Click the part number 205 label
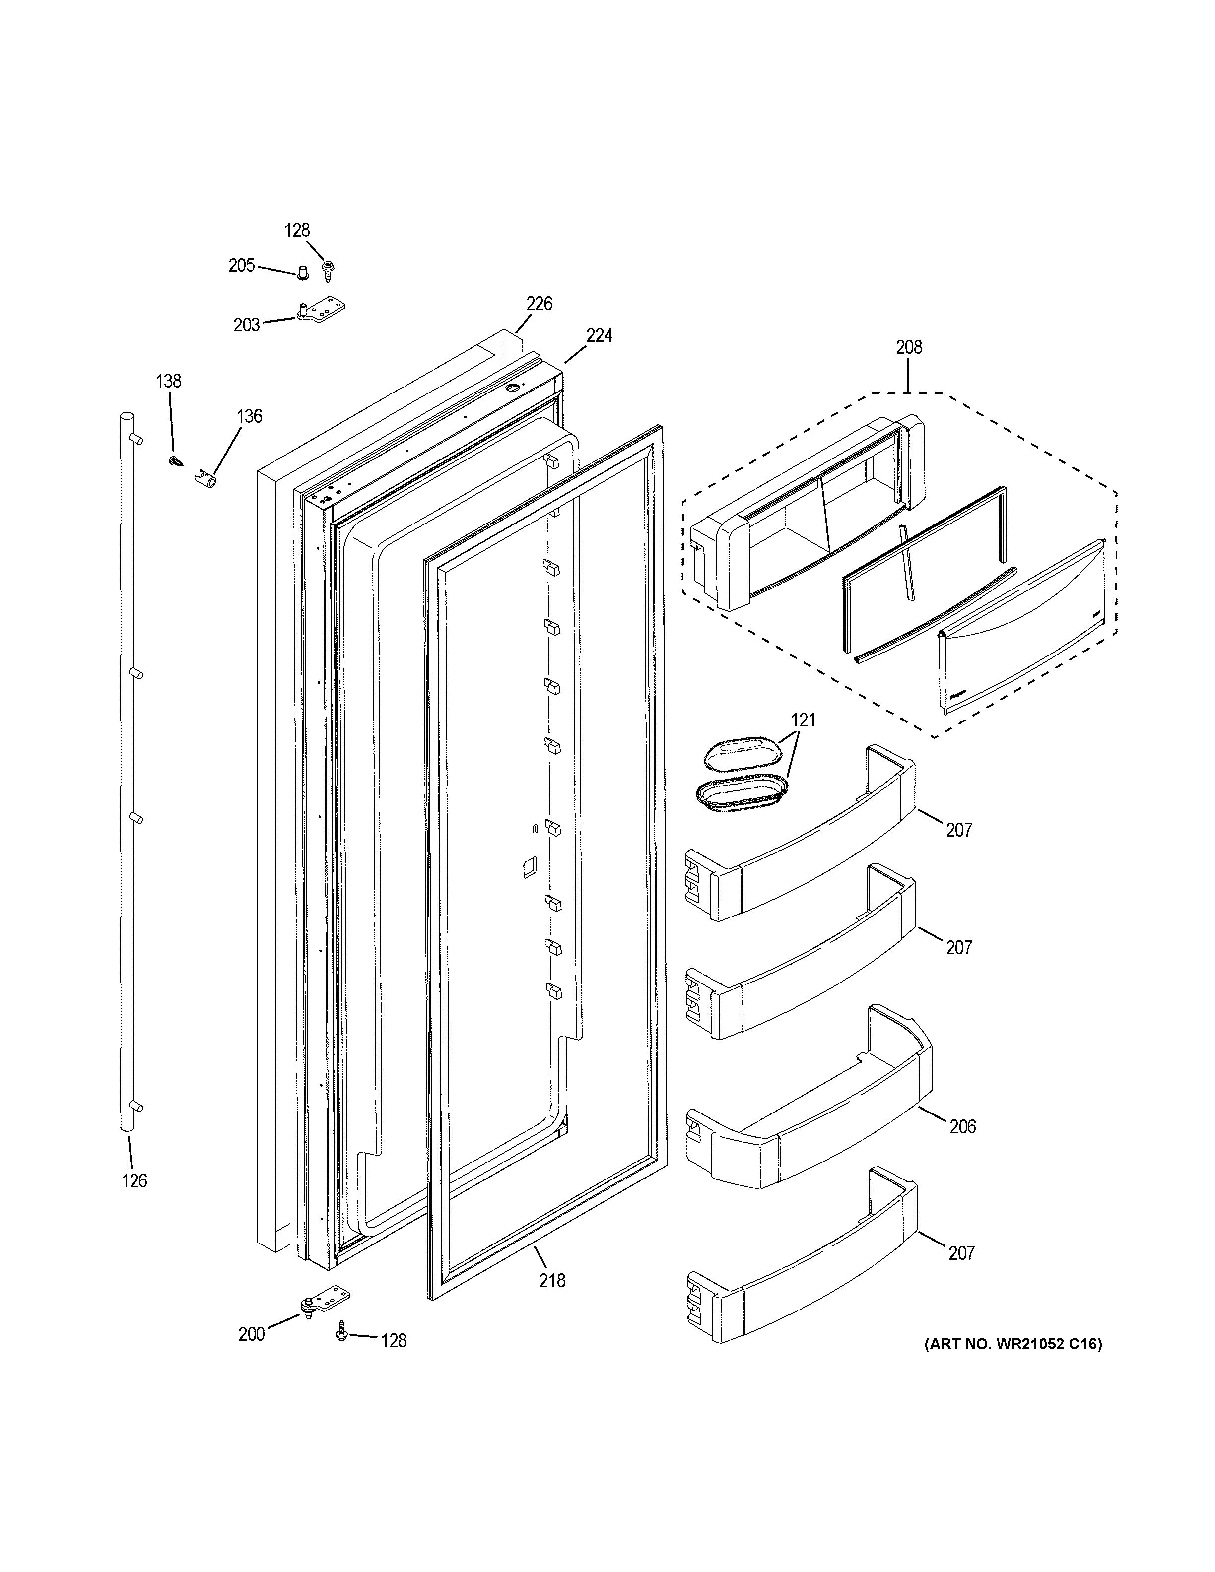tap(242, 265)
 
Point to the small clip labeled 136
tap(206, 479)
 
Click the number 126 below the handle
tap(134, 1180)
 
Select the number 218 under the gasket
tap(552, 1281)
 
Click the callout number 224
tap(599, 335)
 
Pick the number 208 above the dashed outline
tap(908, 348)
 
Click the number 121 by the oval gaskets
tap(803, 719)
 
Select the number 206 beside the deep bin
tap(962, 1126)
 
